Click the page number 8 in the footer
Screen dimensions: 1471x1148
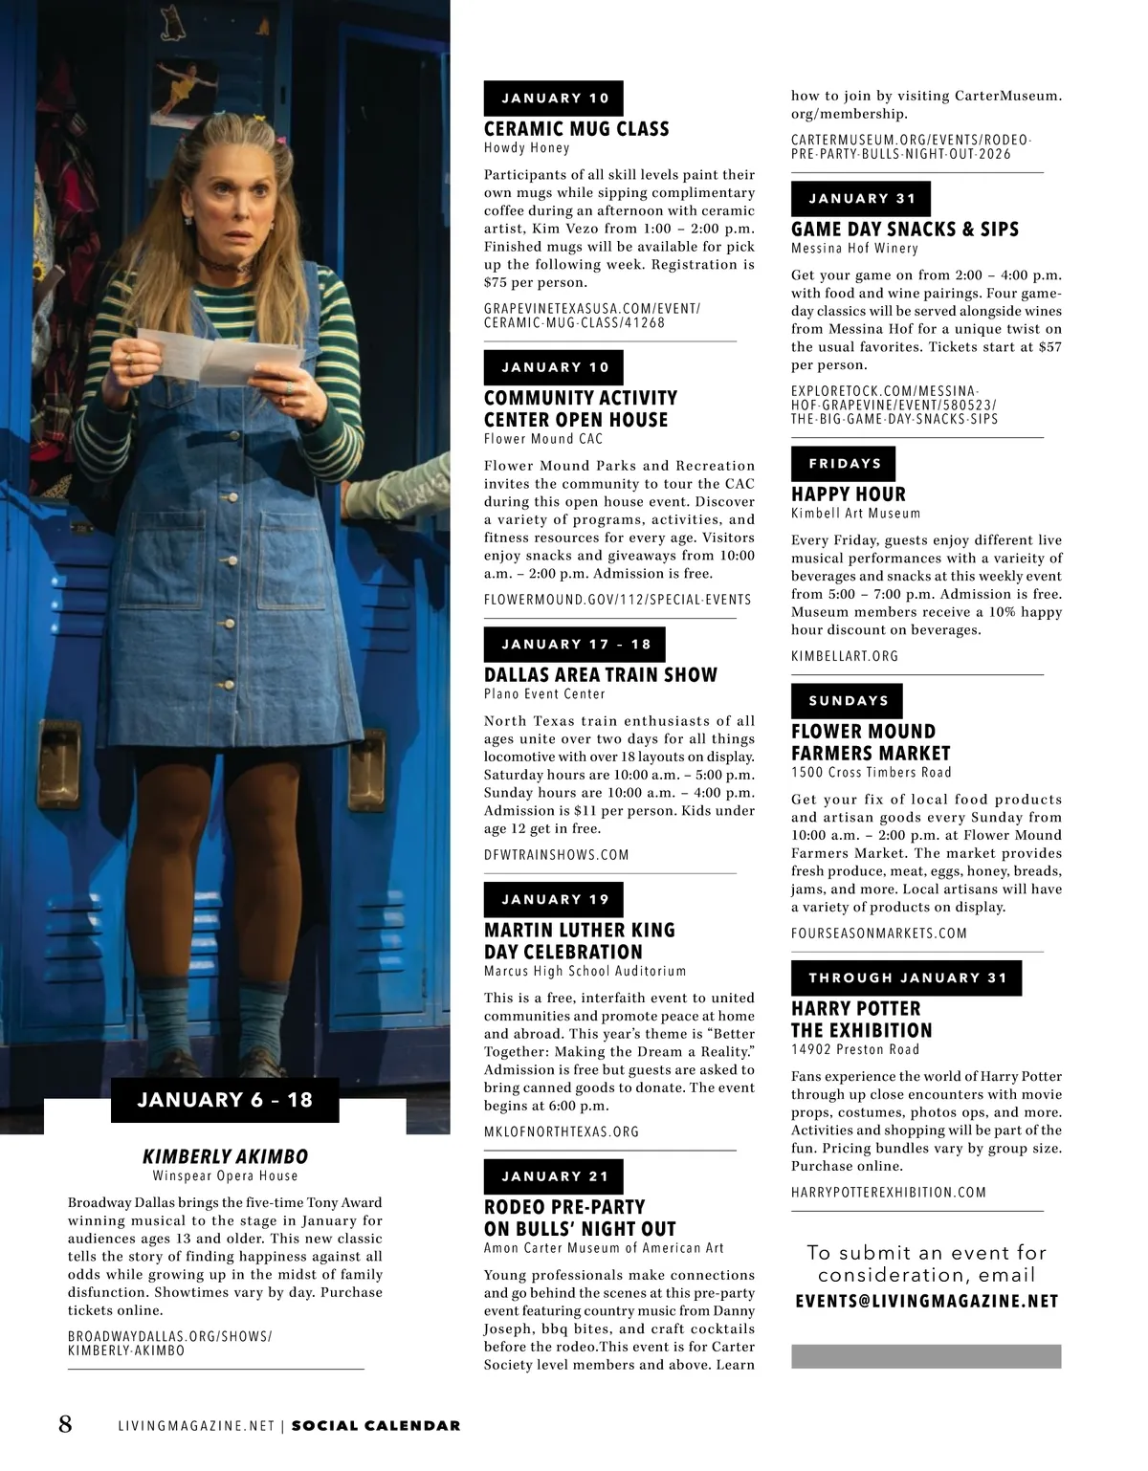pos(65,1424)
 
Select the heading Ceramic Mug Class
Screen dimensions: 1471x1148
pos(576,129)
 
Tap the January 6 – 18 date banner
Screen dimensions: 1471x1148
pos(225,1100)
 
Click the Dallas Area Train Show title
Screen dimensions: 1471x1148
pos(600,675)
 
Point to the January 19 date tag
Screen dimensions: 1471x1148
pos(554,900)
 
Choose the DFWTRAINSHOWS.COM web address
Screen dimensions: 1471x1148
pos(556,855)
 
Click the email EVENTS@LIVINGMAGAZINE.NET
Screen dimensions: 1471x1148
pos(926,1302)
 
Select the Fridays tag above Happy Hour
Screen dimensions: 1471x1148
pos(844,464)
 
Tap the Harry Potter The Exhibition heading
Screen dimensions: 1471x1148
pos(861,1020)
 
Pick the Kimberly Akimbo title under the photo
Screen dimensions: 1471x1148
pos(225,1156)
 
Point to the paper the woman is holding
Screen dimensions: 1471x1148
pos(220,355)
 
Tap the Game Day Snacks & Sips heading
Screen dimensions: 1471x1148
pos(904,230)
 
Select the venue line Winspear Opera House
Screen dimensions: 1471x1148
pos(225,1176)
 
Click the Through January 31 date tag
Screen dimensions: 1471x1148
pos(906,977)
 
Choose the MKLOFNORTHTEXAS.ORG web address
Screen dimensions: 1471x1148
pos(561,1131)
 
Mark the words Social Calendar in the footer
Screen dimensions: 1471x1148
pos(375,1426)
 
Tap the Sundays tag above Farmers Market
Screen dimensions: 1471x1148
pos(848,701)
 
